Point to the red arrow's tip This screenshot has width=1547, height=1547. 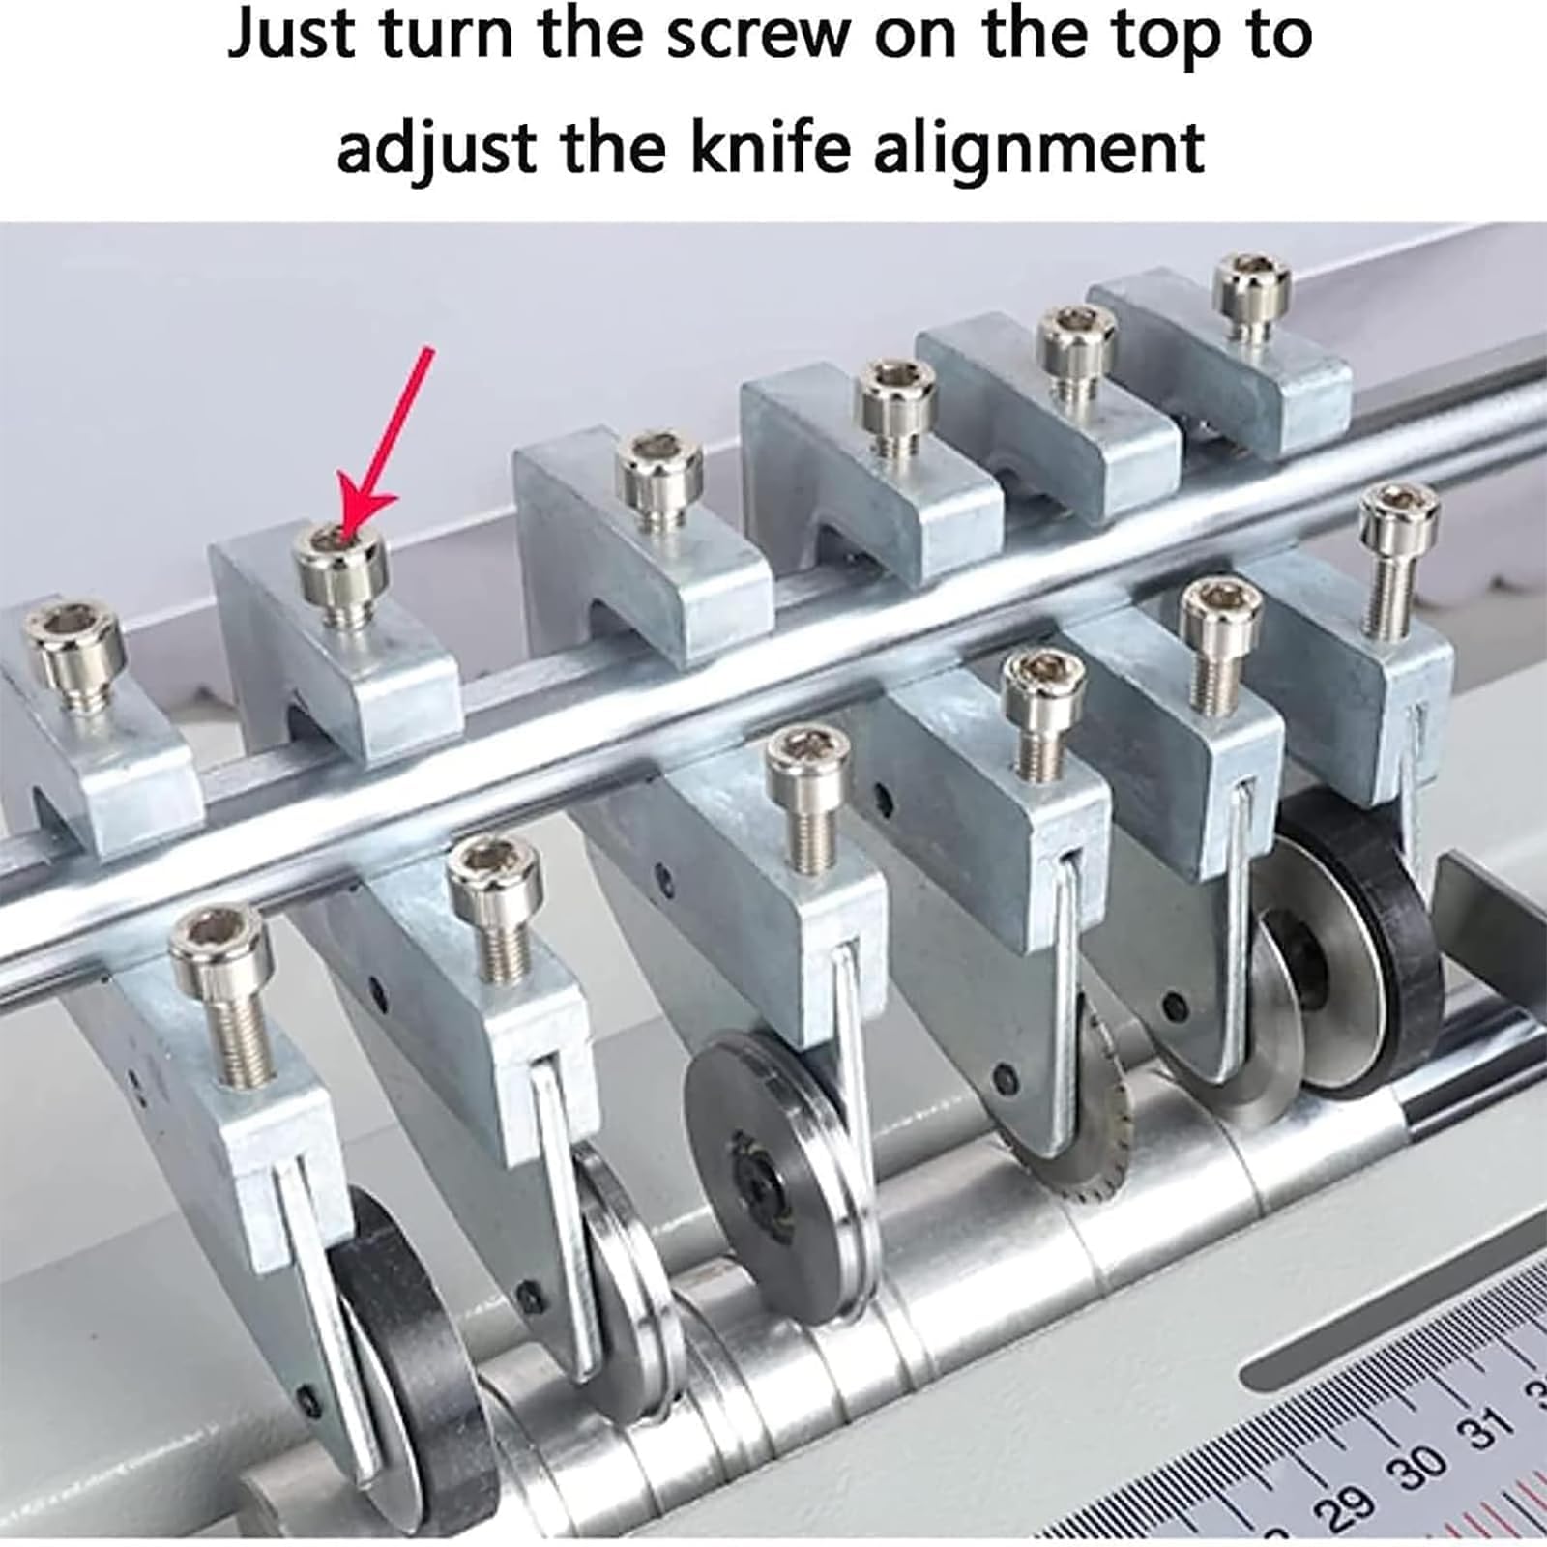[x=341, y=535]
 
